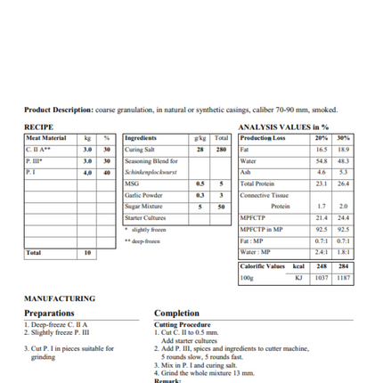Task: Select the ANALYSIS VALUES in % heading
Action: [x=283, y=127]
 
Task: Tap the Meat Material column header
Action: [x=46, y=138]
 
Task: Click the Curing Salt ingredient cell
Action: [x=142, y=150]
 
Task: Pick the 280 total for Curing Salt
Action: [x=221, y=150]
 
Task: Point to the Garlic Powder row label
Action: [x=143, y=194]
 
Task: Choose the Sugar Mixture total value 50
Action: [x=221, y=206]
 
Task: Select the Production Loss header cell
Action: [x=263, y=138]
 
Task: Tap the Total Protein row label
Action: [x=259, y=183]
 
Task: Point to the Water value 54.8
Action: [x=322, y=161]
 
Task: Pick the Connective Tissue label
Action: [x=265, y=194]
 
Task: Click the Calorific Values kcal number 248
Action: [x=322, y=265]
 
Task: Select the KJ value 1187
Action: [x=343, y=278]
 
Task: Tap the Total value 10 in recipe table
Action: [x=87, y=253]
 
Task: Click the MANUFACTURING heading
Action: [x=60, y=298]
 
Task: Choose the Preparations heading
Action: [x=50, y=314]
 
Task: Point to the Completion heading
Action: [x=183, y=314]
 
